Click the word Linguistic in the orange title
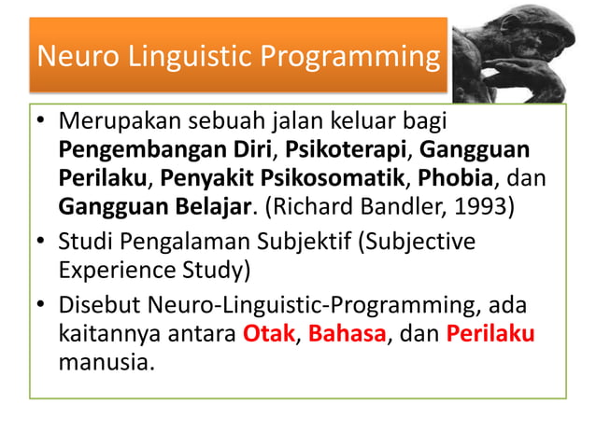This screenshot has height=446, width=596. pyautogui.click(x=177, y=57)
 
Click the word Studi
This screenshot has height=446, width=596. pyautogui.click(x=83, y=242)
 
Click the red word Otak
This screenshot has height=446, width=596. pyautogui.click(x=268, y=334)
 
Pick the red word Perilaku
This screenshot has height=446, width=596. pyautogui.click(x=490, y=334)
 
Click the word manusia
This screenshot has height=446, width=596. pyautogui.click(x=103, y=361)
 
